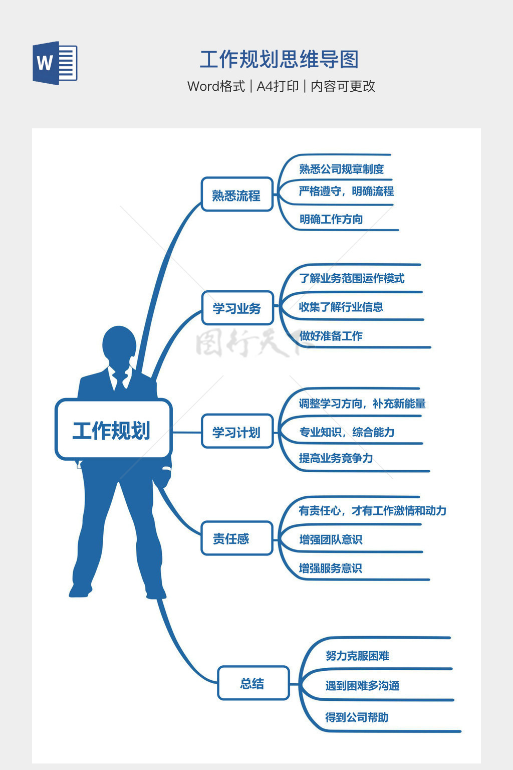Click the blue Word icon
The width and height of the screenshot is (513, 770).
[x=55, y=63]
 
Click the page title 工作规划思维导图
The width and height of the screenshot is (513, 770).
[x=279, y=59]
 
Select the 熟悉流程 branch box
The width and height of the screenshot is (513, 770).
[x=236, y=195]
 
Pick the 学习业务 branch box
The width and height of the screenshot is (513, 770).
[x=237, y=308]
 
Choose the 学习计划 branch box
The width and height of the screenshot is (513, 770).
[x=236, y=432]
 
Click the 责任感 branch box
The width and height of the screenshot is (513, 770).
[x=236, y=538]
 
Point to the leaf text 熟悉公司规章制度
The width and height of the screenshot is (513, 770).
[x=341, y=169]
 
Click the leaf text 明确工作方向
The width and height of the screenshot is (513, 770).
[x=331, y=219]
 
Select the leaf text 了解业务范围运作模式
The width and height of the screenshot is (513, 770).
[x=351, y=278]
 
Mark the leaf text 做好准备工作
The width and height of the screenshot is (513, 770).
[x=331, y=336]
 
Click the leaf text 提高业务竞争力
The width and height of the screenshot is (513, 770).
[x=336, y=458]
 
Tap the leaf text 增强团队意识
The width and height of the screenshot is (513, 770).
[x=330, y=539]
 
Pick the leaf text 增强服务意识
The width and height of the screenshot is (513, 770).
[x=330, y=568]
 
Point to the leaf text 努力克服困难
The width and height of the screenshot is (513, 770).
[x=357, y=656]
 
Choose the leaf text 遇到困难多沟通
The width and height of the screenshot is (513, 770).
[x=362, y=685]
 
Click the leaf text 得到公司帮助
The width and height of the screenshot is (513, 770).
[x=357, y=717]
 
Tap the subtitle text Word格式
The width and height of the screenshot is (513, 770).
[x=216, y=86]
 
